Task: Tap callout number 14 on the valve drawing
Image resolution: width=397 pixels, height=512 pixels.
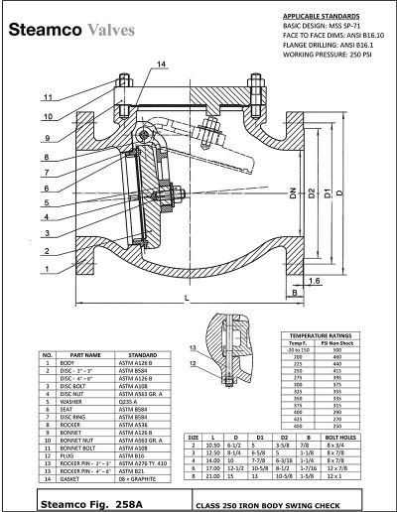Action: [x=133, y=64]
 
